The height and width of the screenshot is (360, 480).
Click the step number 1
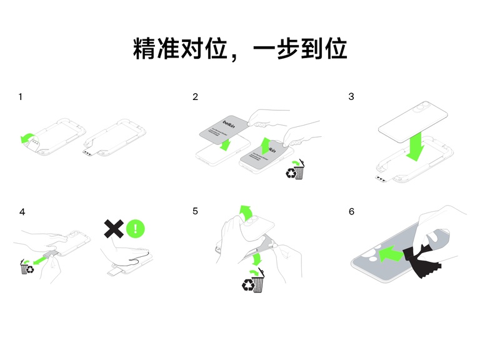pos(21,97)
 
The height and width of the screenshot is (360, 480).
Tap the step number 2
pos(196,97)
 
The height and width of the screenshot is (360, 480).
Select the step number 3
pos(351,97)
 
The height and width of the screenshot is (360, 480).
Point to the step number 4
pos(22,212)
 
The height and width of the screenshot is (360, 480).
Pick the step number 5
pos(196,212)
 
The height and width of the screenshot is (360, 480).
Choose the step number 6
pos(351,212)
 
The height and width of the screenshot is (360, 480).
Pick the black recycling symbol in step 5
pos(249,285)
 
